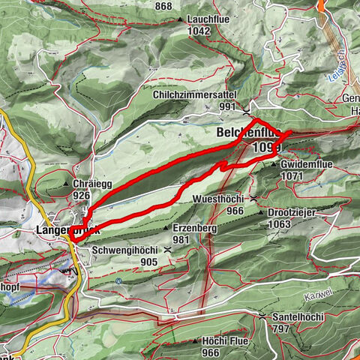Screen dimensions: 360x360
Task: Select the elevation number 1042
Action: tap(199, 31)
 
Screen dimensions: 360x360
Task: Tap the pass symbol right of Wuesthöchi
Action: tap(255, 198)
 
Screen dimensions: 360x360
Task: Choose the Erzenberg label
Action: tap(193, 228)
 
